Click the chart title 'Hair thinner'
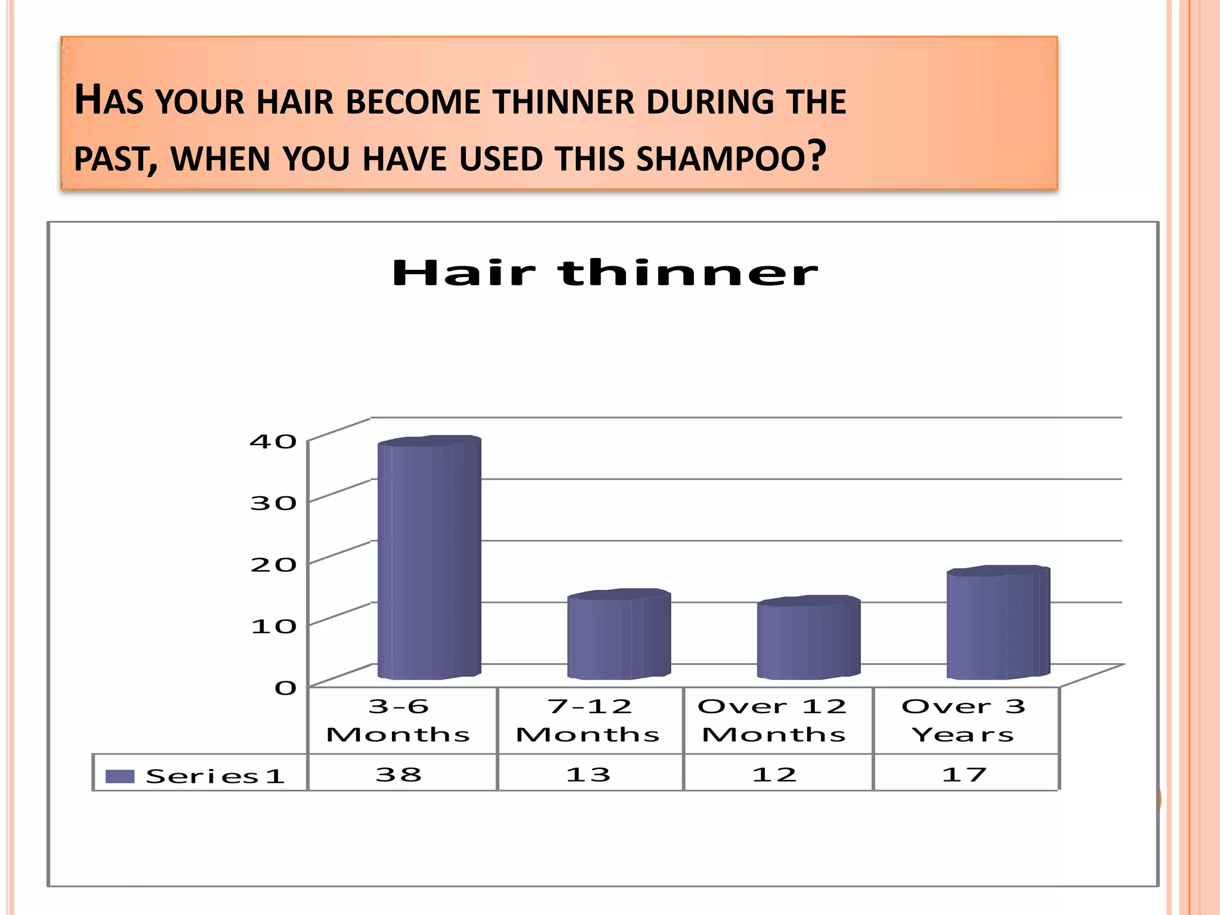click(605, 273)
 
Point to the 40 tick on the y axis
click(273, 441)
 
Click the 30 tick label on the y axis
click(273, 503)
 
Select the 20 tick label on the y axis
click(273, 565)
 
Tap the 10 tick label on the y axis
click(273, 626)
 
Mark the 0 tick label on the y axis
click(285, 688)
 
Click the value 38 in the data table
click(399, 774)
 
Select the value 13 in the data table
click(588, 774)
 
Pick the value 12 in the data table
click(774, 774)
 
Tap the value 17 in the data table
click(964, 774)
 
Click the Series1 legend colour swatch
click(119, 776)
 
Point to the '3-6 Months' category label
click(399, 720)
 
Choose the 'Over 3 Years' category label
click(963, 720)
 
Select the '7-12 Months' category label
click(588, 720)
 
